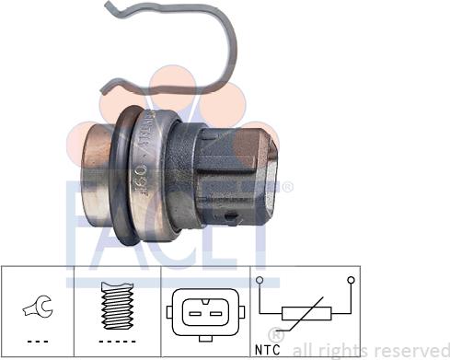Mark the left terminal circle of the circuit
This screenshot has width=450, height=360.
click(x=260, y=278)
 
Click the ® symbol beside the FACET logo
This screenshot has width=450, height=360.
click(x=287, y=189)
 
